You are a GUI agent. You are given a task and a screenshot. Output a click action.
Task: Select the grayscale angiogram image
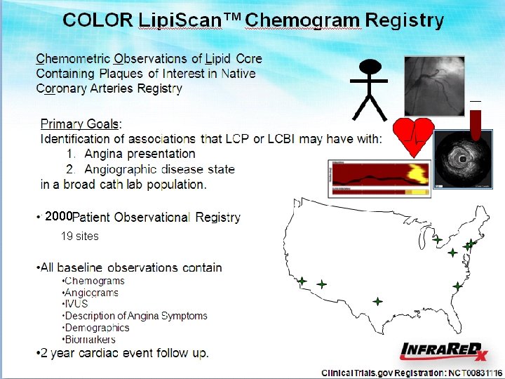pos(433,86)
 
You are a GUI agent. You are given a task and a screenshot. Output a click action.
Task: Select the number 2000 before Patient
pos(58,216)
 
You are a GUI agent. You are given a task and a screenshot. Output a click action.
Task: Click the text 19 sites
pos(79,237)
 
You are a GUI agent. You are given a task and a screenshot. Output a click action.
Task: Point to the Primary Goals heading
pos(81,124)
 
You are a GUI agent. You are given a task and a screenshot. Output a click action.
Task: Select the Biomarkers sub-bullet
pos(89,340)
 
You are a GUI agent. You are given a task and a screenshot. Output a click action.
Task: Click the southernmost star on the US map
pos(377,301)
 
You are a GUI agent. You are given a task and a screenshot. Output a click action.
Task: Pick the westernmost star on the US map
pos(302,281)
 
